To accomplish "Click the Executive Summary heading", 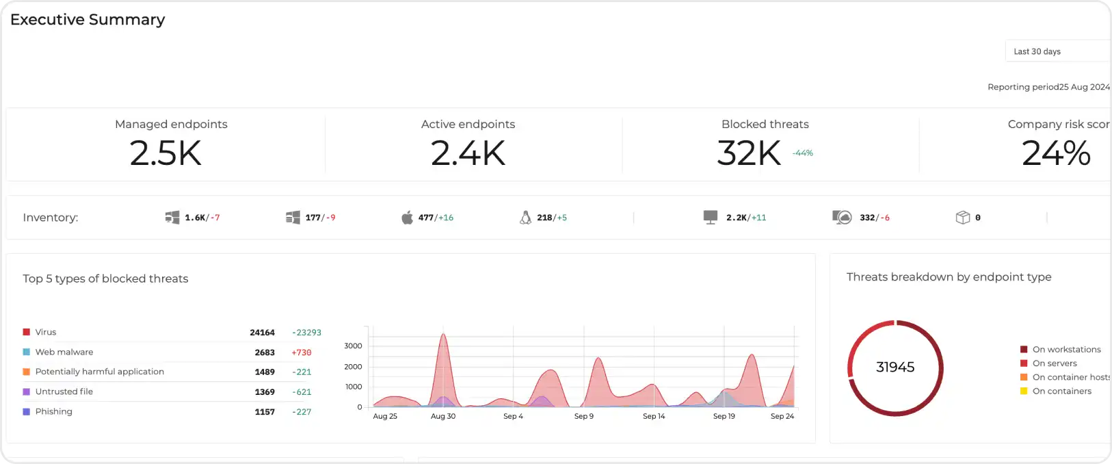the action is pos(88,20).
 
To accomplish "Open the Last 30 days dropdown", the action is pos(1057,51).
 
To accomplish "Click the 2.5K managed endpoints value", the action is pos(166,153).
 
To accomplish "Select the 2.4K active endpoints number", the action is pos(468,153).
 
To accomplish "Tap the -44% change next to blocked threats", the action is pos(803,153).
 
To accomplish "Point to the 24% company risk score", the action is pos(1056,153).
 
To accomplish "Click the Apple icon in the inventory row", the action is pos(407,218).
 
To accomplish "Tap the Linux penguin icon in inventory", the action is pos(525,218).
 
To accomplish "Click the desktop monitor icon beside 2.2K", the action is pos(711,217).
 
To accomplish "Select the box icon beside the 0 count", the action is pos(963,218).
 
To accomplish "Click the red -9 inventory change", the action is pos(330,218).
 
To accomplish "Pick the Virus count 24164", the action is pos(262,333).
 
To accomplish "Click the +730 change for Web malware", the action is pos(302,352).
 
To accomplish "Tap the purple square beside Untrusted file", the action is pos(26,391).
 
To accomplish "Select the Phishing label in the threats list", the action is pos(53,411).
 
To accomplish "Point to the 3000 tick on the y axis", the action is pos(353,346).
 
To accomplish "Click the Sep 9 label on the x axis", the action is pos(584,416).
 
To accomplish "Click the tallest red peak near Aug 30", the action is pos(443,334).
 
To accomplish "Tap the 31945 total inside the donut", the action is pos(895,367).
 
